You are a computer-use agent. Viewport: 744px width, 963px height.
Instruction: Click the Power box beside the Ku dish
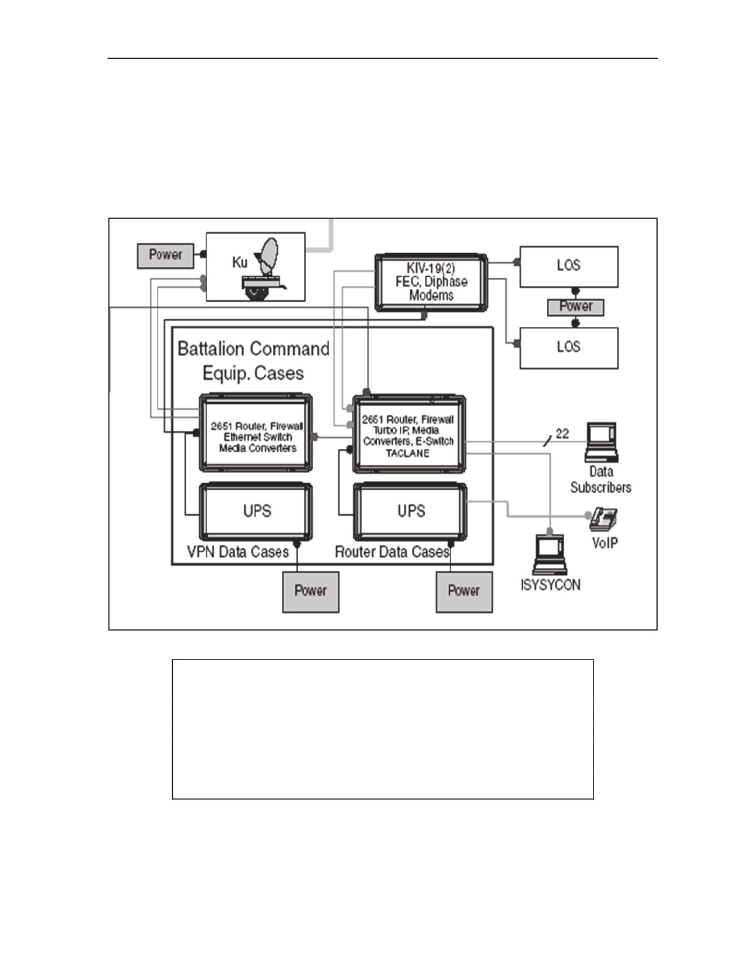165,256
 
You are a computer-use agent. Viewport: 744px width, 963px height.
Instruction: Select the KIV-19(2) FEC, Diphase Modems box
431,282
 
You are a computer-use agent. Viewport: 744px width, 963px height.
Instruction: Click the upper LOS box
568,267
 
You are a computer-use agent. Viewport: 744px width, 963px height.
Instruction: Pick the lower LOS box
568,348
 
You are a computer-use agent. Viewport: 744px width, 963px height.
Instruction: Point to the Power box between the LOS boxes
575,307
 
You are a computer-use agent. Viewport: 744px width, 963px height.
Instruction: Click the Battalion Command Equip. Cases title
253,361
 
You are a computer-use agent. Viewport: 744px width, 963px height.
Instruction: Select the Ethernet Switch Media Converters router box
256,432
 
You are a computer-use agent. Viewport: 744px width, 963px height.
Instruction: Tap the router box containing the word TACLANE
409,434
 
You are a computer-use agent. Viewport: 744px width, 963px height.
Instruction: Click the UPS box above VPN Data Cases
256,511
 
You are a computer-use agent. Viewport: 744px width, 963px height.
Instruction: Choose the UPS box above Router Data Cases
410,511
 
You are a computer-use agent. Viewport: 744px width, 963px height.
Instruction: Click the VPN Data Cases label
237,552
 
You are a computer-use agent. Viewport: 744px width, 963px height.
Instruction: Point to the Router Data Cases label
392,552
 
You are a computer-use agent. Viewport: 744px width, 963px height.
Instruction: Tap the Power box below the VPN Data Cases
310,592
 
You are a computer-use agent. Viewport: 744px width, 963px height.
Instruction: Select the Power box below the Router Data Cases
464,592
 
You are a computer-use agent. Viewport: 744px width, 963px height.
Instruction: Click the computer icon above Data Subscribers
601,442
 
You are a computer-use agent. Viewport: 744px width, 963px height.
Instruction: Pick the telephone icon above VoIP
603,519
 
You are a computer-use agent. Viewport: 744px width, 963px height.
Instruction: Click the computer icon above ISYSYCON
550,554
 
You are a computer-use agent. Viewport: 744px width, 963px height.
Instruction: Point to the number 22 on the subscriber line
562,434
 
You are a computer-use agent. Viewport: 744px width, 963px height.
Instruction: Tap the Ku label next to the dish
239,263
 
